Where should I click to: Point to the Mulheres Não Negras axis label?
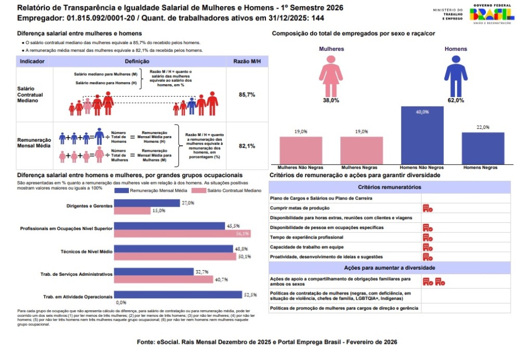pyautogui.click(x=300, y=168)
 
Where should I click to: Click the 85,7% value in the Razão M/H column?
pyautogui.click(x=247, y=95)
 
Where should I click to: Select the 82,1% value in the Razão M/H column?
pyautogui.click(x=247, y=146)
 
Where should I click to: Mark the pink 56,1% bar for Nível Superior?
pyautogui.click(x=182, y=234)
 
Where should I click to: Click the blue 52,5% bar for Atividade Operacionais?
pyautogui.click(x=178, y=295)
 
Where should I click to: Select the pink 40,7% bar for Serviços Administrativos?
pyautogui.click(x=163, y=279)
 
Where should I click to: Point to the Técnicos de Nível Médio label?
pyautogui.click(x=86, y=251)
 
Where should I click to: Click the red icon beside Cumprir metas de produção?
pyautogui.click(x=428, y=208)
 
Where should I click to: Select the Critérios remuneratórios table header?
pyautogui.click(x=390, y=187)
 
